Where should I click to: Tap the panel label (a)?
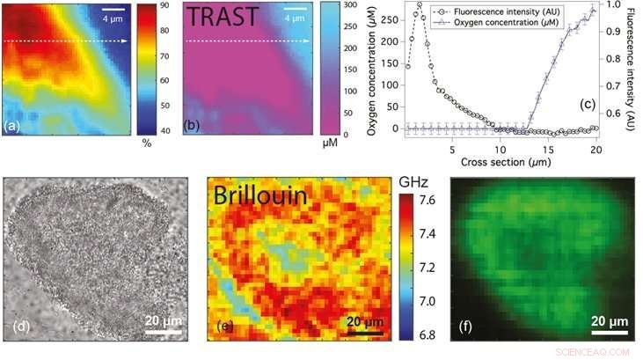tap(12, 126)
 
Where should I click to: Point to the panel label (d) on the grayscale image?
tap(22, 328)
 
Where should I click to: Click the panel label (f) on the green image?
tap(464, 328)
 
